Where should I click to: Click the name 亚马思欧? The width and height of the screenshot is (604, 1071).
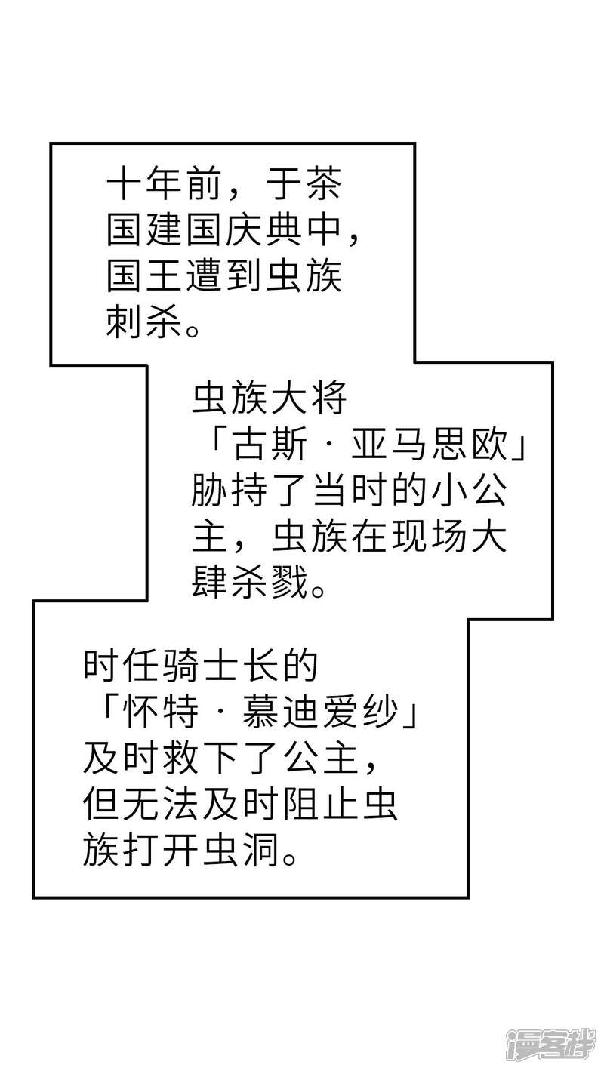pos(429,448)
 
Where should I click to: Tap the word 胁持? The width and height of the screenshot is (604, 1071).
pos(229,493)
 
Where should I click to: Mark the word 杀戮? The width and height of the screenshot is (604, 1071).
pos(270,584)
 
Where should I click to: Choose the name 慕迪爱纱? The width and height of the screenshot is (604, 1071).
pos(320,712)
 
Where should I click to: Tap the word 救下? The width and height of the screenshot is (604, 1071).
pos(201,757)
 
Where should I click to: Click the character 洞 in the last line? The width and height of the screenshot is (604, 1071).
pos(260,849)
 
